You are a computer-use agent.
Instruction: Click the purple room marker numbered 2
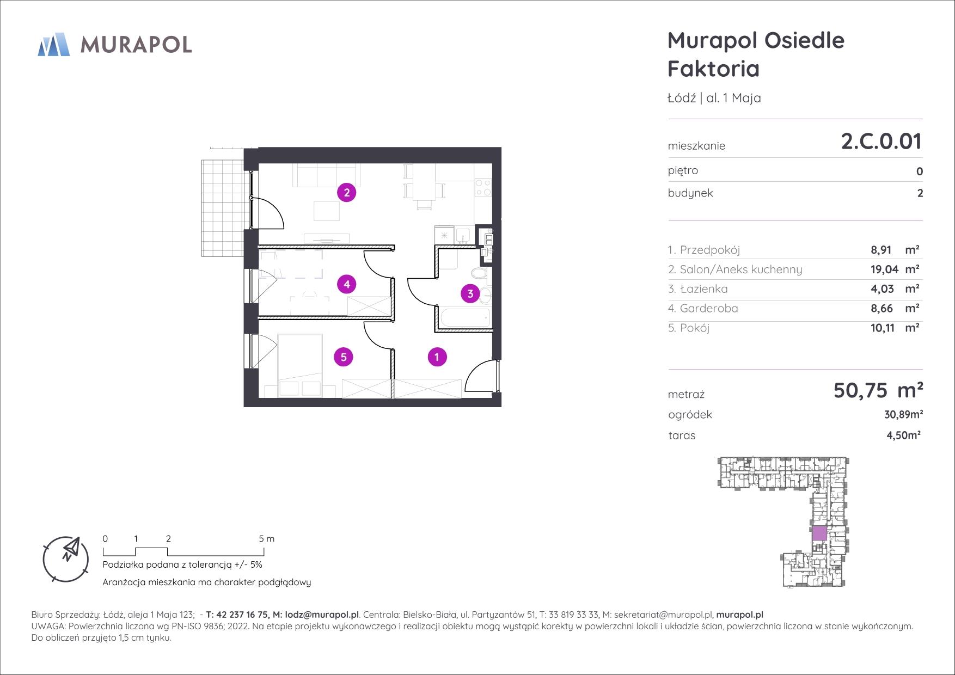(346, 192)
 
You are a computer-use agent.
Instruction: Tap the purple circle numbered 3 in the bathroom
(470, 294)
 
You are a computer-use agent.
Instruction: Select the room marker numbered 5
(344, 357)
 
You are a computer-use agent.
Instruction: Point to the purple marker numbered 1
(437, 357)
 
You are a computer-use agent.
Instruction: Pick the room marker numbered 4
(346, 284)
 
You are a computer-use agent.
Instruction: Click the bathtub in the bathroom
(464, 318)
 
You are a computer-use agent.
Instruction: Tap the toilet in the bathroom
(479, 272)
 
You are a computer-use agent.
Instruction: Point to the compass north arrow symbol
(70, 548)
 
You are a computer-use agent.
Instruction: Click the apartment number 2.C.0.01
(881, 142)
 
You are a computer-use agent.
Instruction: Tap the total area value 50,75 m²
(878, 390)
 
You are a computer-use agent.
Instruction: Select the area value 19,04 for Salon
(883, 269)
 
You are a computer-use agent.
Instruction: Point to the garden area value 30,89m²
(903, 414)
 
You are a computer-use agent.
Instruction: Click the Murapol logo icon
(53, 44)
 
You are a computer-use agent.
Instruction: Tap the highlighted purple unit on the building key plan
(819, 533)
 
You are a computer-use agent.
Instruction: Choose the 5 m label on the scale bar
(267, 539)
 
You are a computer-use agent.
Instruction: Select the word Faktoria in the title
(714, 69)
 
